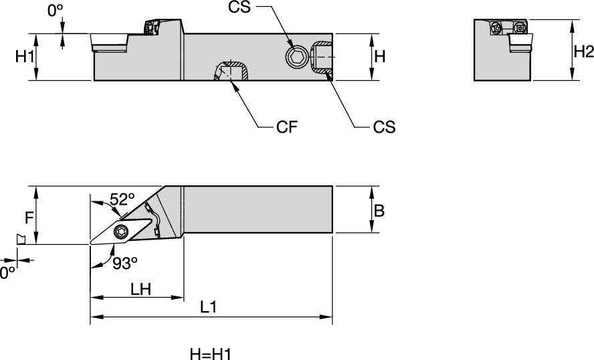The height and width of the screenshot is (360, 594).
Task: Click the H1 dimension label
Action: coord(25,58)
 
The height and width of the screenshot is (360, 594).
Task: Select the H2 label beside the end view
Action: coord(583,51)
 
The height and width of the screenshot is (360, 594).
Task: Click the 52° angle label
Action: coord(122,199)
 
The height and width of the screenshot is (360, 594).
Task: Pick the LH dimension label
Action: coord(140,288)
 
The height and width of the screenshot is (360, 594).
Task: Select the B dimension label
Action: coord(379,211)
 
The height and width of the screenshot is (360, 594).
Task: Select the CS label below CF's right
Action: coord(383,126)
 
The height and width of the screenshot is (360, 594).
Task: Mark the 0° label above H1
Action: coord(56,11)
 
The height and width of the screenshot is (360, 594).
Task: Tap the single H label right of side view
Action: coord(379,58)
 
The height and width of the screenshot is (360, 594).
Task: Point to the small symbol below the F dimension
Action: coord(21,238)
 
